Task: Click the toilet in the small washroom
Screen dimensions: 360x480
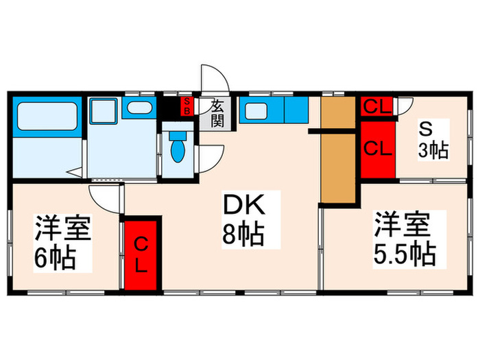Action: click(178, 149)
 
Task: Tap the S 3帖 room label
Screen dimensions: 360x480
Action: click(433, 141)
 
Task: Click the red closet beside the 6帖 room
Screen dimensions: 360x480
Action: click(141, 254)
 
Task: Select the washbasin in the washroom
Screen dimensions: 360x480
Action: click(141, 108)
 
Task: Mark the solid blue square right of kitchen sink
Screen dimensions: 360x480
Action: click(297, 110)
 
